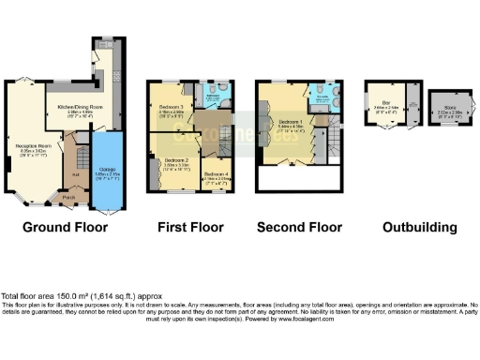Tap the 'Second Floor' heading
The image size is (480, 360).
coord(299,227)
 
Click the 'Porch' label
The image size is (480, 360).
coord(68,198)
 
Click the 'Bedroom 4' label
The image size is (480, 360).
coord(217,173)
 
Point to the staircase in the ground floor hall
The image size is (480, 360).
coord(81,155)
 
